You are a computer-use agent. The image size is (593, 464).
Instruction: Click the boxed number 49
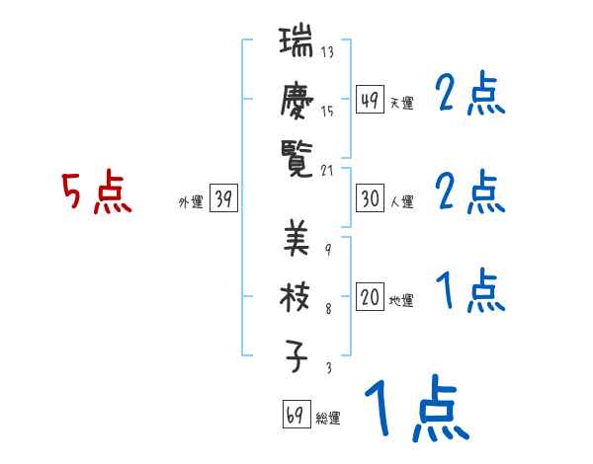pos(370,100)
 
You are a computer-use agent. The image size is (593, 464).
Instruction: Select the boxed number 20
pos(370,298)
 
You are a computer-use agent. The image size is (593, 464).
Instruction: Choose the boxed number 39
pos(223,199)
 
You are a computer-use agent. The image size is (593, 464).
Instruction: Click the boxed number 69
pos(295,415)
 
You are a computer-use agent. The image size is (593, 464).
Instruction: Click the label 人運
pos(402,202)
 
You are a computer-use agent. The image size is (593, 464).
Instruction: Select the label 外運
pos(191,202)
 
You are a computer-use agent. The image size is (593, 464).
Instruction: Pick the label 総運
pos(327,419)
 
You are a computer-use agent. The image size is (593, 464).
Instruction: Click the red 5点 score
pos(96,193)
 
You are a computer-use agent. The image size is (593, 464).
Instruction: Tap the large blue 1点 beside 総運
pos(414,410)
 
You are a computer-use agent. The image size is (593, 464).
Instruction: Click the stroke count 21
pos(329,169)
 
